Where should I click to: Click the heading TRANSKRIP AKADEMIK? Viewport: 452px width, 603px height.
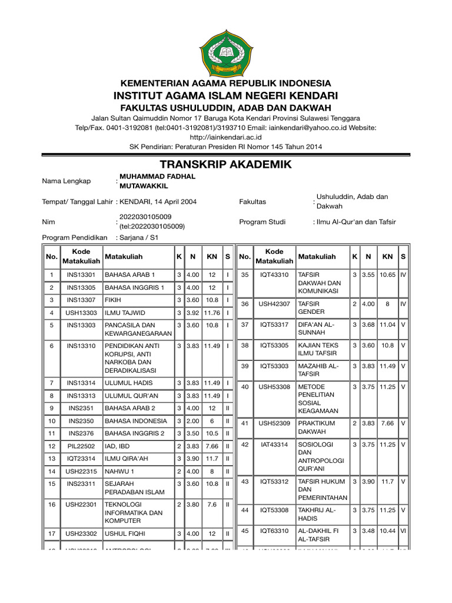pyautogui.click(x=226, y=164)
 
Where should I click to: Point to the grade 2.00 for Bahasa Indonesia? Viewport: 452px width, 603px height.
pyautogui.click(x=192, y=421)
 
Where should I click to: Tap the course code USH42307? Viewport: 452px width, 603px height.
pyautogui.click(x=274, y=303)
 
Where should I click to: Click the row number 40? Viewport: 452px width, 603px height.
pyautogui.click(x=245, y=386)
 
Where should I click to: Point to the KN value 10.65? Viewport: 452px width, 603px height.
pyautogui.click(x=387, y=274)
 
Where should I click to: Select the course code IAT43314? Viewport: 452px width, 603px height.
pyautogui.click(x=274, y=444)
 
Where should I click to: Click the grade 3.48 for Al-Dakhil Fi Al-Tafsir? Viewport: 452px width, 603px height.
pyautogui.click(x=368, y=531)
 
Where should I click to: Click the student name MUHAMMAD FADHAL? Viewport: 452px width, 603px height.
pyautogui.click(x=157, y=176)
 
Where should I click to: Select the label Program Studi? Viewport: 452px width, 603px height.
pyautogui.click(x=262, y=222)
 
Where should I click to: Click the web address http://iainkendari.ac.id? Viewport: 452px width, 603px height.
pyautogui.click(x=226, y=137)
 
